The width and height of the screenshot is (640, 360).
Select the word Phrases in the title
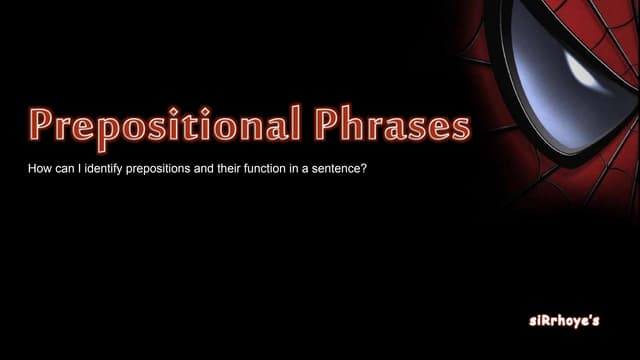pos(392,127)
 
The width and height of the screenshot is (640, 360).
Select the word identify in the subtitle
pos(109,171)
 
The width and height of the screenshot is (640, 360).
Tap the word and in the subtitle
pos(220,171)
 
